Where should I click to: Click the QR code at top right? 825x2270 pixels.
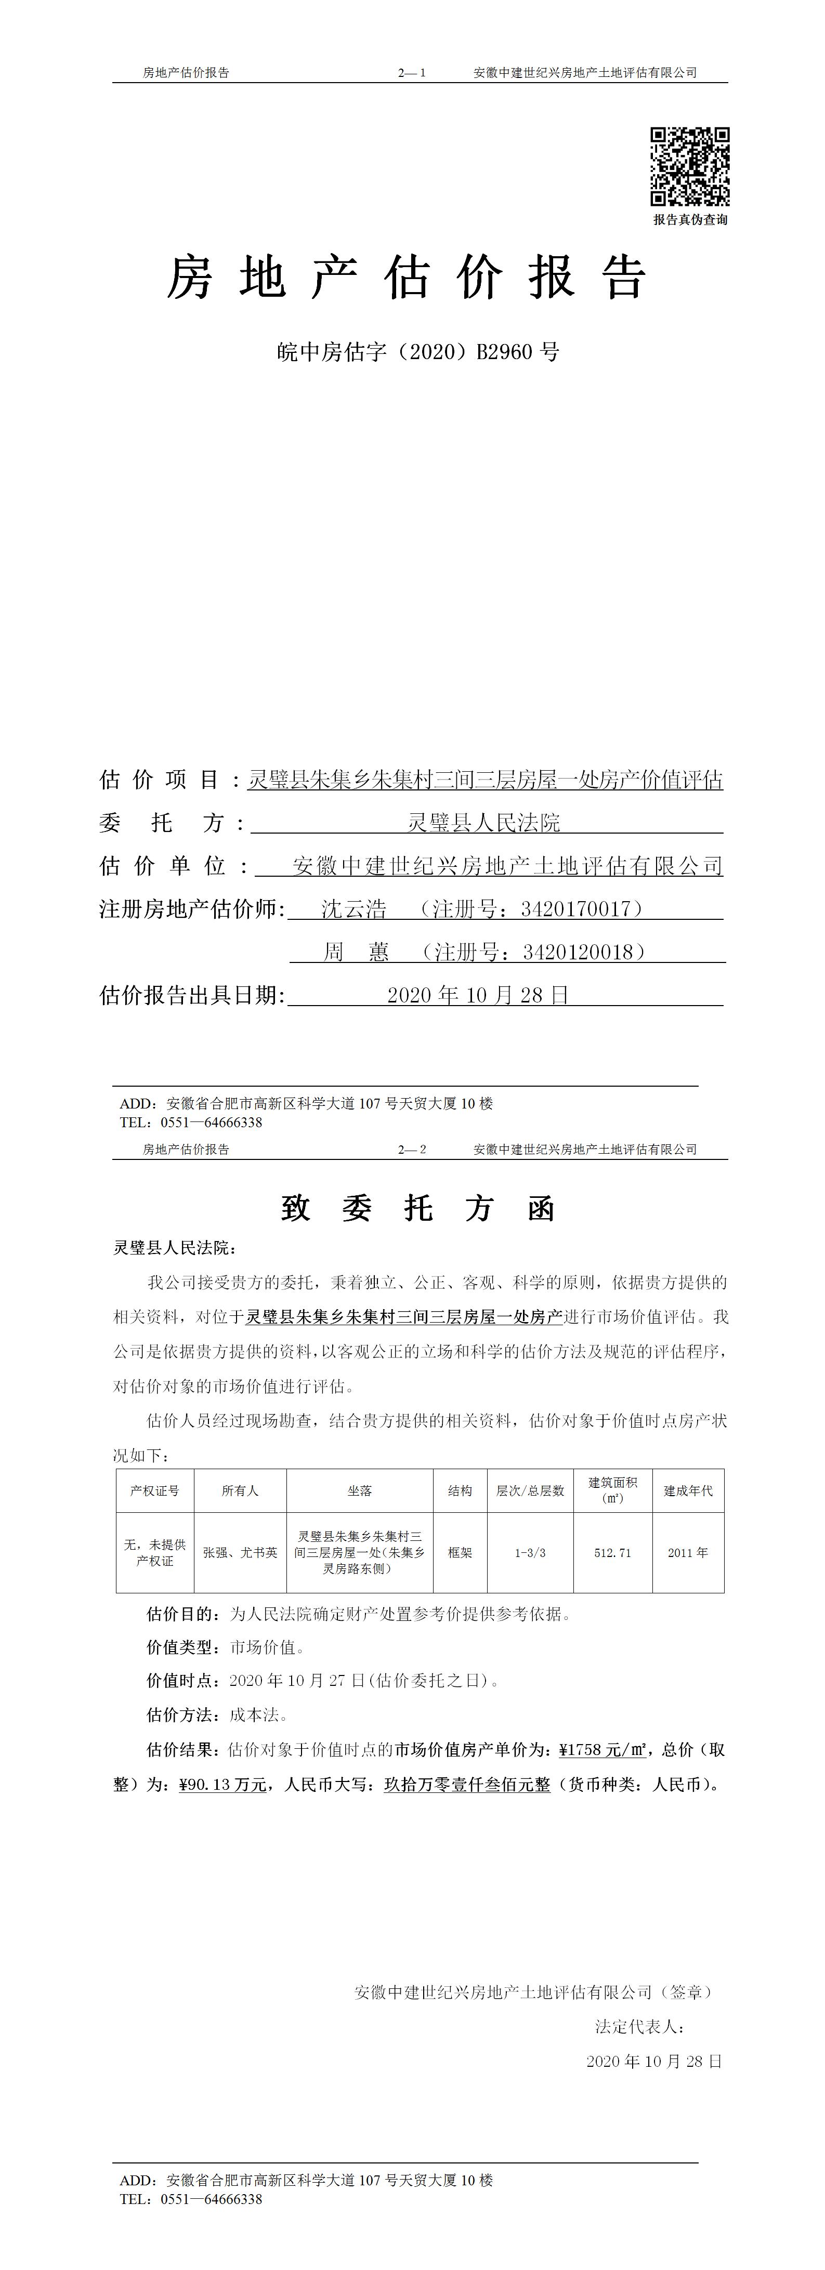point(690,166)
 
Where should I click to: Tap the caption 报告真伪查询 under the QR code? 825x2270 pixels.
point(690,219)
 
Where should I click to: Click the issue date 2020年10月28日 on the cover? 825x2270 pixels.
point(479,995)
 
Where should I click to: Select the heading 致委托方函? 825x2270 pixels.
point(418,1208)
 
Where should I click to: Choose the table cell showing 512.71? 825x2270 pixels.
point(612,1553)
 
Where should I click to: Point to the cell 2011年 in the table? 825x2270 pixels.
point(687,1553)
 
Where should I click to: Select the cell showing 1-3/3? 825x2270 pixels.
point(530,1553)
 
